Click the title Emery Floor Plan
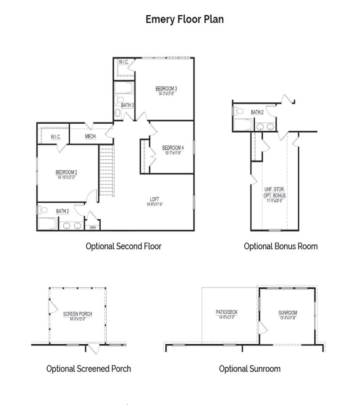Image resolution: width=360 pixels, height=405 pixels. [184, 19]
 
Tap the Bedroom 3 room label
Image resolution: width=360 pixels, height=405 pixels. [166, 88]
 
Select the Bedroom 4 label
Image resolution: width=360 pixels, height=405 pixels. [173, 148]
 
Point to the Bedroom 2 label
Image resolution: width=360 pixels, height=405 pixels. [67, 172]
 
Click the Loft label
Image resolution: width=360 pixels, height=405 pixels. [154, 199]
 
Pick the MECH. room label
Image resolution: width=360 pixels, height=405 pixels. [90, 136]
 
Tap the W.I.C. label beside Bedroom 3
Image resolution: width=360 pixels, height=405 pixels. [124, 62]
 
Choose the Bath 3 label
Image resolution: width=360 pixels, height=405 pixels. [127, 105]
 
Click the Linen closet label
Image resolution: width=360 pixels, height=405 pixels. [93, 227]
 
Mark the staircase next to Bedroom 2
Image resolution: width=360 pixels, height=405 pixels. [107, 171]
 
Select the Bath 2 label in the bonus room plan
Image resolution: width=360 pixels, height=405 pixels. [257, 112]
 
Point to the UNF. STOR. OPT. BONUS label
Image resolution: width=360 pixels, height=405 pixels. [274, 193]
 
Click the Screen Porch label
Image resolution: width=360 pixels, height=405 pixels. [78, 314]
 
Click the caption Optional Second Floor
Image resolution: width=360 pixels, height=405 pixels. [123, 246]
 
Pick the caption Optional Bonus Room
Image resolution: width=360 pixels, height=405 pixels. [281, 246]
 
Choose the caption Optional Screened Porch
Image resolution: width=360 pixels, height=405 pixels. [89, 369]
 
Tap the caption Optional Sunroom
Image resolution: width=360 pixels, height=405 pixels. [250, 369]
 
